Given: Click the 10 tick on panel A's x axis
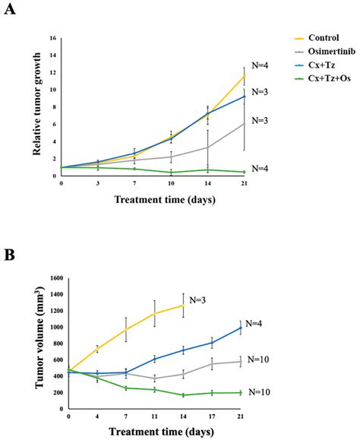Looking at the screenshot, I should pos(171,183).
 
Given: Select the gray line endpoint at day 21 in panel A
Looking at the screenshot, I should pos(243,123).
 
